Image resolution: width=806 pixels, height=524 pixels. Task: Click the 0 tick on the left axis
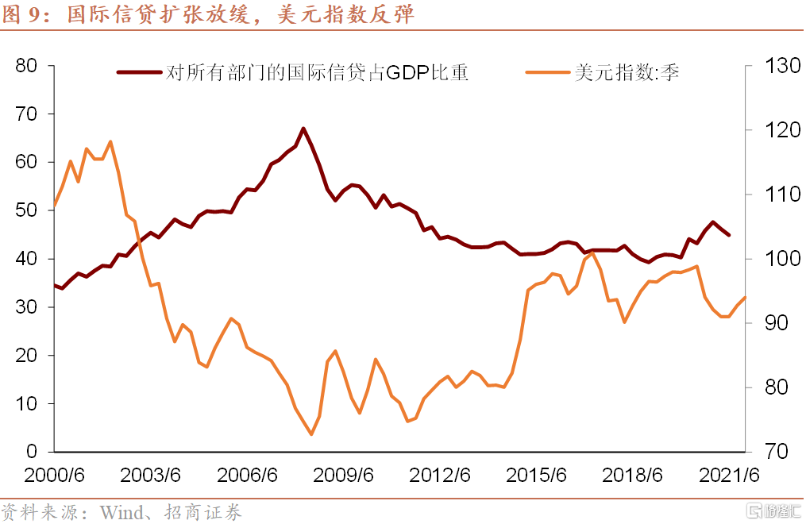[x=32, y=452]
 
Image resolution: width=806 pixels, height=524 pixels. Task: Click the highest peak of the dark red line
[x=303, y=128]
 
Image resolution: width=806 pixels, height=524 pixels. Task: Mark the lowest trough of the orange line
[x=311, y=434]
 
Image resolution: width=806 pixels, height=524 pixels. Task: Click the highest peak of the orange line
[x=110, y=141]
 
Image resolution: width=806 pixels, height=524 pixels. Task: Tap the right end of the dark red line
[x=729, y=235]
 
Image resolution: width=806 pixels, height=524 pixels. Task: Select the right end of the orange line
[x=746, y=297]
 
